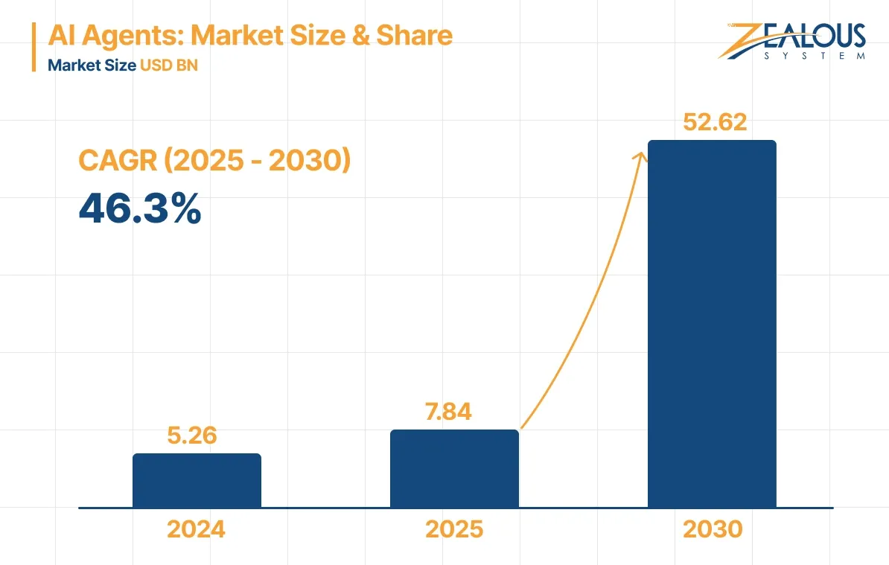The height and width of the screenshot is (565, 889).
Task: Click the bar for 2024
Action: click(197, 481)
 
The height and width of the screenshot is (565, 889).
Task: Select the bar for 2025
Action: click(454, 469)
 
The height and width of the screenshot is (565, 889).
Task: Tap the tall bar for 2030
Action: click(712, 324)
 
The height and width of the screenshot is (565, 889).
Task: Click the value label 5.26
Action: click(192, 435)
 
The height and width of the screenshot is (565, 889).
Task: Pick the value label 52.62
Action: click(715, 122)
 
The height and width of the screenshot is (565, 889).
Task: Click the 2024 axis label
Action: click(196, 529)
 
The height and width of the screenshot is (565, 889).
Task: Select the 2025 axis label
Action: click(454, 529)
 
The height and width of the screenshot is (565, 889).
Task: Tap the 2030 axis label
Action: click(713, 529)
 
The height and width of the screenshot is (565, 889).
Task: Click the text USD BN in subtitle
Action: click(168, 65)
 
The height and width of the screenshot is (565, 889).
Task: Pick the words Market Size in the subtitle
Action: click(91, 65)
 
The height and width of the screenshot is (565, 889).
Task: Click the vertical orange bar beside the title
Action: click(34, 48)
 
